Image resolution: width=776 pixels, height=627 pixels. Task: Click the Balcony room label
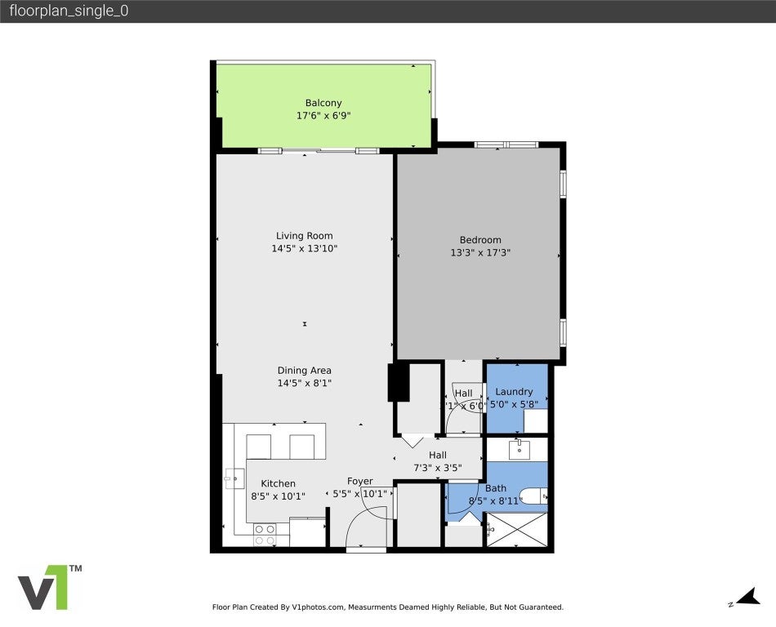click(x=323, y=103)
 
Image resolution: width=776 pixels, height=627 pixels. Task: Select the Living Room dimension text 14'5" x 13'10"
click(x=304, y=248)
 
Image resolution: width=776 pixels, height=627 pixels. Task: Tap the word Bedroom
click(x=480, y=240)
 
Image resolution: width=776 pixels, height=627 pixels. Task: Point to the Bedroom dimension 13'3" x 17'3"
click(x=480, y=252)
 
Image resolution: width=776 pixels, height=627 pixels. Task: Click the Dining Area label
click(x=304, y=371)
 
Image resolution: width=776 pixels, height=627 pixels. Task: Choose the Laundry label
click(x=514, y=392)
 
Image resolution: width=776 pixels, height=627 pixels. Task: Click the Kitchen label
click(x=278, y=483)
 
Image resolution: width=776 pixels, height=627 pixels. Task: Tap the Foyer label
click(x=360, y=482)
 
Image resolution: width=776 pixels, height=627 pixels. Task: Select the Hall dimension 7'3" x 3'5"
click(x=438, y=468)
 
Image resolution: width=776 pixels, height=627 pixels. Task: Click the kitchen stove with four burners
click(x=265, y=535)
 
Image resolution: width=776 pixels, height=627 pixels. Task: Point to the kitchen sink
click(x=234, y=478)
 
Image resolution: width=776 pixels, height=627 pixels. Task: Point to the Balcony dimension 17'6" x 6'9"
click(x=323, y=116)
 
